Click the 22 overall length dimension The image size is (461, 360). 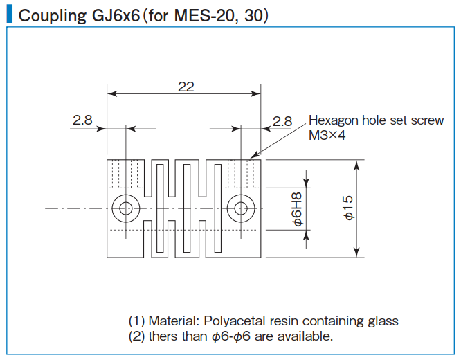(x=186, y=87)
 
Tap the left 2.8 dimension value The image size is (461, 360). (x=82, y=120)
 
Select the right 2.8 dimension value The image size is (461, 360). (x=282, y=120)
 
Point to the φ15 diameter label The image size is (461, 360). (x=347, y=207)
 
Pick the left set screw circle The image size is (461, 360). (x=126, y=207)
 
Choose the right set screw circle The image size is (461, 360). (x=242, y=207)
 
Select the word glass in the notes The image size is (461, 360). (x=383, y=321)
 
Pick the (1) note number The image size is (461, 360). (x=136, y=321)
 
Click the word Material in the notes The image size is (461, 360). (x=172, y=321)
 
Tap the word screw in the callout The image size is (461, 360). (x=426, y=120)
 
